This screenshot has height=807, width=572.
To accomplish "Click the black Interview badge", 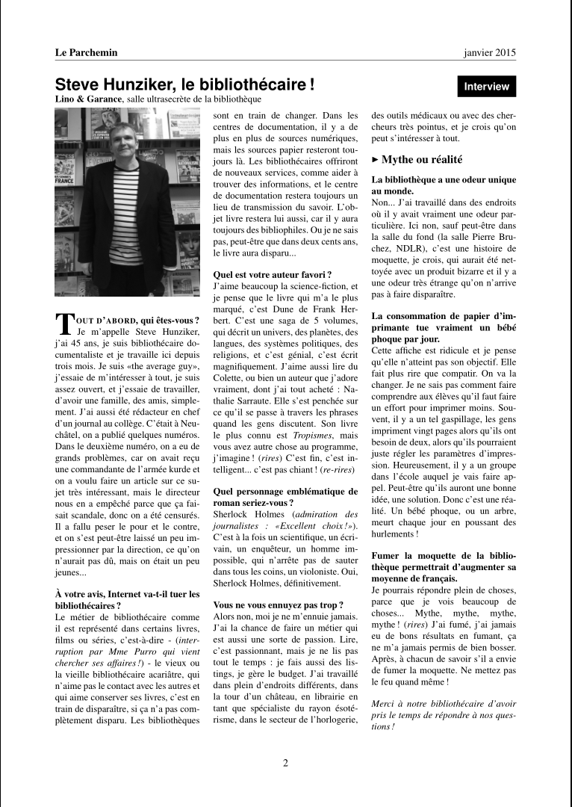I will coord(486,87).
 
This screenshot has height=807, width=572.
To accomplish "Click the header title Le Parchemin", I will coord(86,52).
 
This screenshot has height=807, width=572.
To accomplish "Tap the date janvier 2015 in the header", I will coord(489,52).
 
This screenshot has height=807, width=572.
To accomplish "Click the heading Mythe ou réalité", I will coord(421,159).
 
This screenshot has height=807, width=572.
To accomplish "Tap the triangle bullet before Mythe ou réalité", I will coord(376,159).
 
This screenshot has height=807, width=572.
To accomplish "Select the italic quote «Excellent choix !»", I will coord(314,525).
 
